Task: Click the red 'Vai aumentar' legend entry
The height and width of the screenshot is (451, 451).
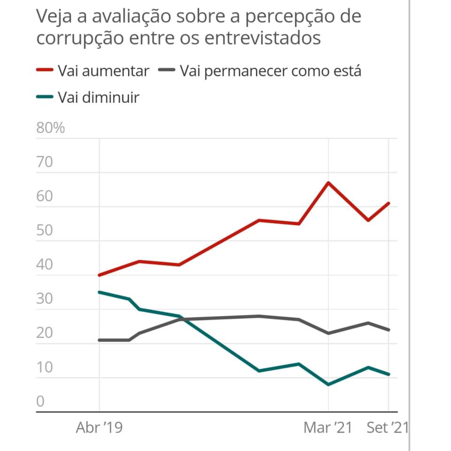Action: click(x=93, y=71)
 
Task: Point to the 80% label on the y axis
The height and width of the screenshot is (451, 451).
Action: click(x=50, y=128)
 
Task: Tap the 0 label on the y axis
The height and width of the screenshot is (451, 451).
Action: click(x=40, y=402)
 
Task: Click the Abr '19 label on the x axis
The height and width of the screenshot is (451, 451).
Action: click(x=99, y=428)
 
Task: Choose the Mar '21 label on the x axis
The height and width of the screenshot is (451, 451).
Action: click(x=327, y=428)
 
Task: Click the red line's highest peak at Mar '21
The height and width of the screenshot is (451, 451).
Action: click(x=328, y=182)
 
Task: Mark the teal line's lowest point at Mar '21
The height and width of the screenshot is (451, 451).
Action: click(x=328, y=385)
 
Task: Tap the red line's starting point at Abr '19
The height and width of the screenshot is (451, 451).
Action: click(x=99, y=275)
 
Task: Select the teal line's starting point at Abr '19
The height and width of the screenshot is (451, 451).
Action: click(x=99, y=292)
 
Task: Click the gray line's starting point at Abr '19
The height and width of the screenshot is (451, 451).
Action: click(x=99, y=340)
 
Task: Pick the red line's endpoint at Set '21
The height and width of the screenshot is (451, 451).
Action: click(x=389, y=203)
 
